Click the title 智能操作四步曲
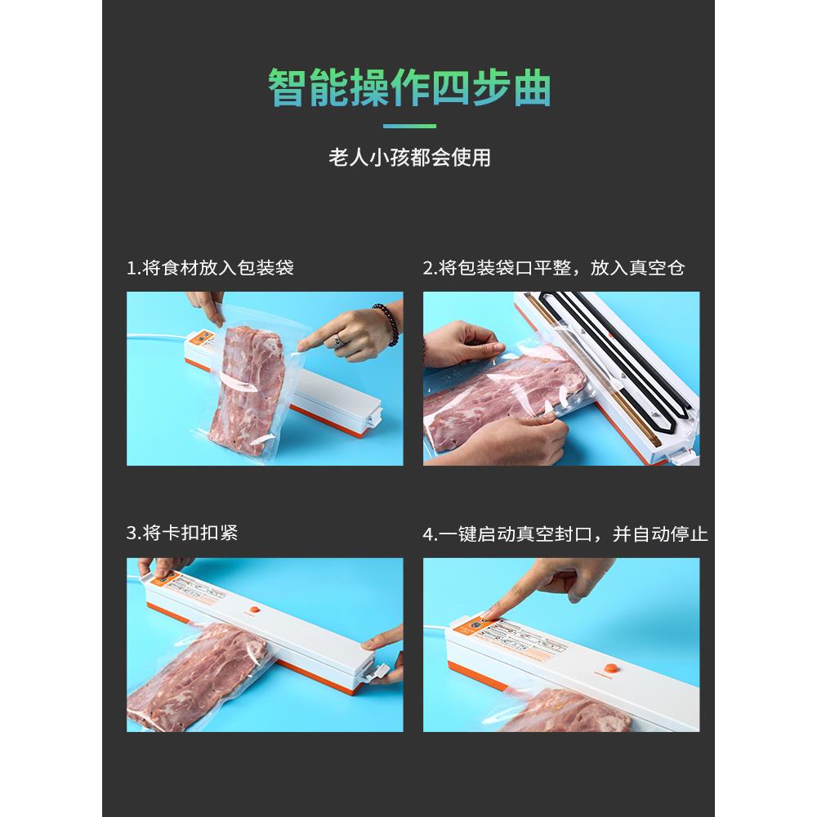(x=408, y=89)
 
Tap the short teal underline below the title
(x=409, y=127)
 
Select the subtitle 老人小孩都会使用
(x=408, y=158)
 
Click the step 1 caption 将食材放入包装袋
(x=210, y=268)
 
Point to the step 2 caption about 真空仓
(x=553, y=268)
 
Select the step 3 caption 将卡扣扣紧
(x=183, y=534)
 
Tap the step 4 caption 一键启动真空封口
(x=565, y=534)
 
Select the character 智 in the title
(x=287, y=89)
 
